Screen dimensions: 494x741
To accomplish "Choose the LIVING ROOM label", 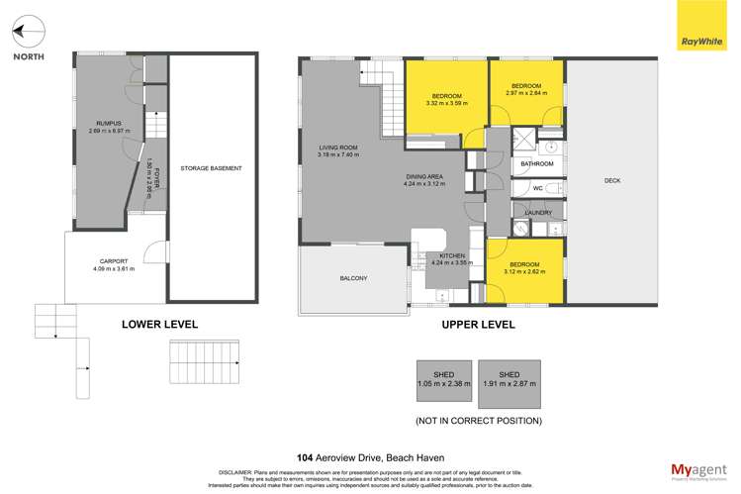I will pyautogui.click(x=337, y=148).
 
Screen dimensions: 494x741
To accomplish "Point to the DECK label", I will pyautogui.click(x=612, y=180).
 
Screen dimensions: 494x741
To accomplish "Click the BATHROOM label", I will pyautogui.click(x=537, y=163).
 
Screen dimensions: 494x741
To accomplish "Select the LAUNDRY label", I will pyautogui.click(x=537, y=212).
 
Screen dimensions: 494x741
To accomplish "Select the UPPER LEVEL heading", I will pyautogui.click(x=479, y=324).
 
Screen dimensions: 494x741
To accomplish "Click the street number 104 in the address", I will pyautogui.click(x=306, y=430).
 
